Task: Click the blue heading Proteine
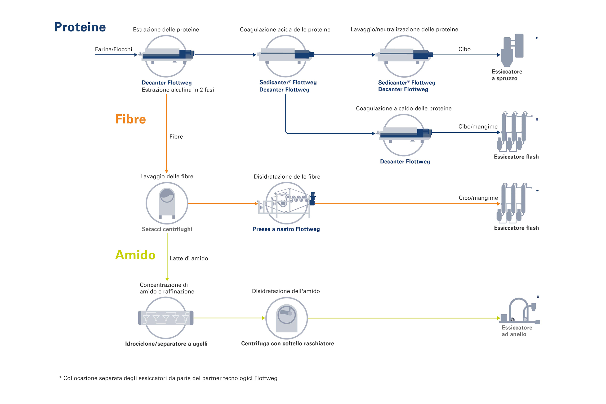(80, 27)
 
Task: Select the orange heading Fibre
(130, 119)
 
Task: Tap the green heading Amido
(135, 255)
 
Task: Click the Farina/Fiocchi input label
(113, 49)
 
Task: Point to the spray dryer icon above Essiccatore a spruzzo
(512, 50)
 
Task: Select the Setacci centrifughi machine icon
(167, 203)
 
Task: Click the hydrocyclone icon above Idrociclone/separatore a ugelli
(166, 318)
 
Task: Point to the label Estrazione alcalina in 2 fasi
(178, 90)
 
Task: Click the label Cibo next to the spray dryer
(464, 49)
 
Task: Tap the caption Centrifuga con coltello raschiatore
(288, 343)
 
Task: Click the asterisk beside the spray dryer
(537, 39)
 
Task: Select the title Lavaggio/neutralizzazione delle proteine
(404, 30)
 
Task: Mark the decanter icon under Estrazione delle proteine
(166, 55)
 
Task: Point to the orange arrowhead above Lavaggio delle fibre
(167, 171)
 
